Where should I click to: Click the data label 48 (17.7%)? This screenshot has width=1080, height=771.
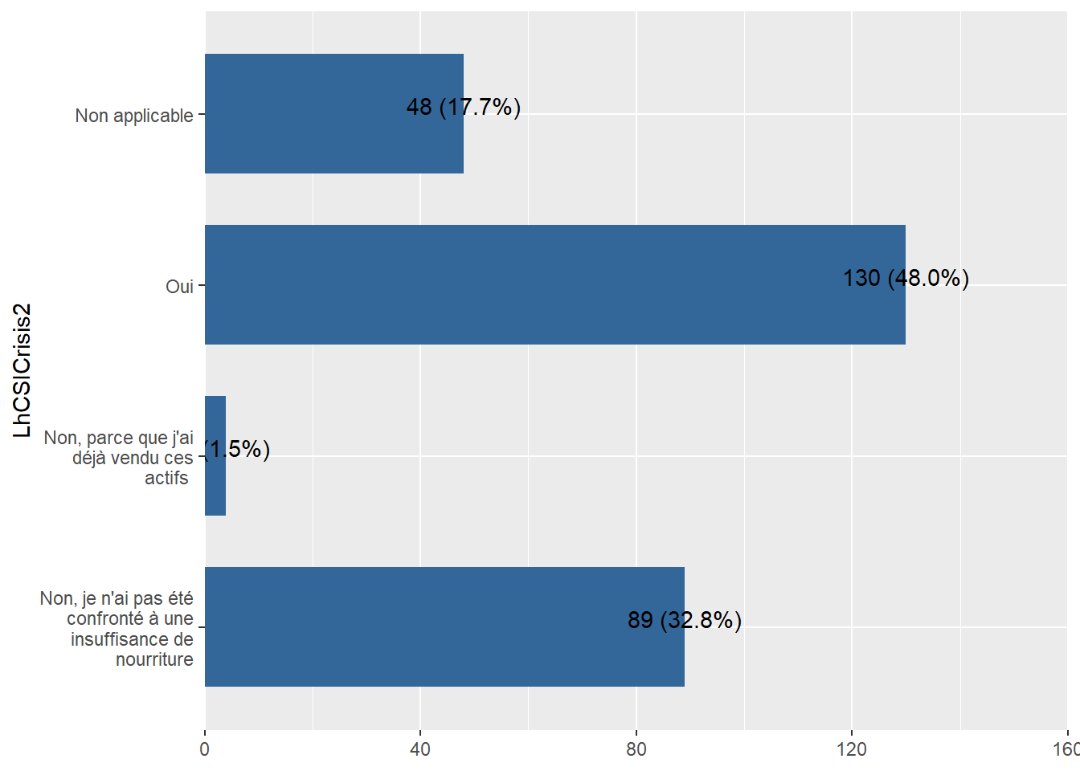[464, 107]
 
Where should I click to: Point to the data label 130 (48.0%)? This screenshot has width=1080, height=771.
[906, 278]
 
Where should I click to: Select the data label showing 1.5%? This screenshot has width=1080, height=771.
[238, 449]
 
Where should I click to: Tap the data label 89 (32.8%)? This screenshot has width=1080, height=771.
[685, 620]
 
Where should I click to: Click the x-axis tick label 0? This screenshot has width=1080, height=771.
[205, 749]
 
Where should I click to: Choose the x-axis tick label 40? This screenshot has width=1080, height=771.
[420, 749]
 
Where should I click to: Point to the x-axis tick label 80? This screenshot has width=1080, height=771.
[636, 749]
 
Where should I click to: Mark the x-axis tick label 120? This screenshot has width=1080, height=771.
[852, 749]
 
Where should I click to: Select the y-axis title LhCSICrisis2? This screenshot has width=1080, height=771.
[22, 370]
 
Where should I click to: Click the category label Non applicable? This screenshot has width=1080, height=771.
[134, 116]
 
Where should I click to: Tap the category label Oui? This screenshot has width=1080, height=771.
[179, 287]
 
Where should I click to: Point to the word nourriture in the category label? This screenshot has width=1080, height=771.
[154, 659]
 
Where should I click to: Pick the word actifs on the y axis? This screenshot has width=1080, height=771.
[166, 478]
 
